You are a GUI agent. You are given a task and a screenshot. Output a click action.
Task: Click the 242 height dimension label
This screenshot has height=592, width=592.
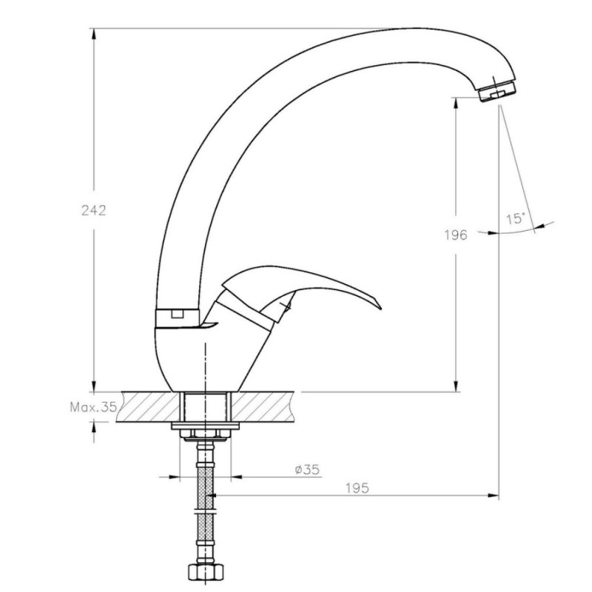[94, 210]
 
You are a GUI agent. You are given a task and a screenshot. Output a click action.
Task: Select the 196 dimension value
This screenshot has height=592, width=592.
[456, 235]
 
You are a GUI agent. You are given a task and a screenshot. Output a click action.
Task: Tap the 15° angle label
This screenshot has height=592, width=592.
[515, 218]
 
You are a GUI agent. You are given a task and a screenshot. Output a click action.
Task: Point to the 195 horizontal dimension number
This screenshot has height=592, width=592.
[357, 488]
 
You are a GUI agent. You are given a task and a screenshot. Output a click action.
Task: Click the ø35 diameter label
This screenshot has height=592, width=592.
[307, 469]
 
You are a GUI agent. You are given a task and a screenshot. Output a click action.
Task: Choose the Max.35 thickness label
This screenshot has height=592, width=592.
[93, 407]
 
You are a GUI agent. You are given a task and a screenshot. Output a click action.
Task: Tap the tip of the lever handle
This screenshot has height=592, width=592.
[380, 308]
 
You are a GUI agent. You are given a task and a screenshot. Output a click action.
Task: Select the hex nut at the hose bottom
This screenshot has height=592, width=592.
[206, 572]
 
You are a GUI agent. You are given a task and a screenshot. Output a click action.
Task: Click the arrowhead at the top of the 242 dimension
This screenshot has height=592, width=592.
[94, 34]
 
